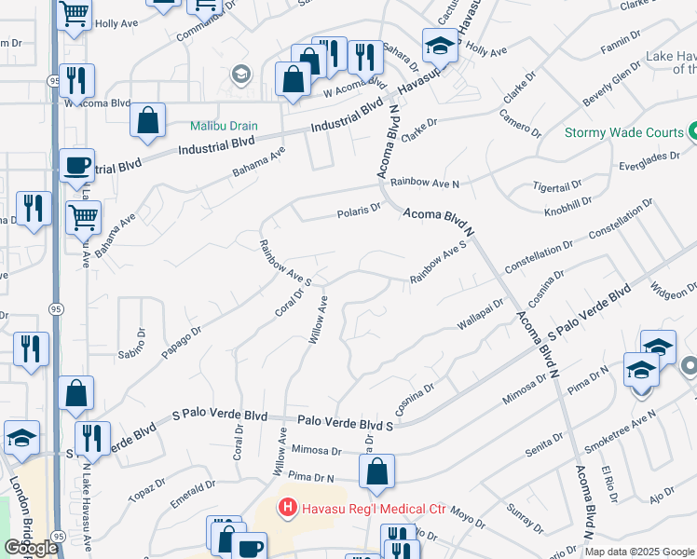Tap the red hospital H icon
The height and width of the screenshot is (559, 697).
click(288, 509)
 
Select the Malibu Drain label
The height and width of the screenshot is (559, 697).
click(224, 126)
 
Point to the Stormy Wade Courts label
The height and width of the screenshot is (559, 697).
click(624, 132)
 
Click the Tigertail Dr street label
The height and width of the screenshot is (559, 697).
click(557, 186)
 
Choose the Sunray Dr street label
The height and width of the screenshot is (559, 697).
click(526, 518)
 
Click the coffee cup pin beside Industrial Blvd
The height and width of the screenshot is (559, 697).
click(76, 166)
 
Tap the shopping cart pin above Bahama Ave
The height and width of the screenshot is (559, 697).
click(84, 217)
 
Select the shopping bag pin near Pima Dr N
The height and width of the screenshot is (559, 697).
click(376, 472)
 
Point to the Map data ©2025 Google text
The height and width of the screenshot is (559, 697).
click(640, 552)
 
